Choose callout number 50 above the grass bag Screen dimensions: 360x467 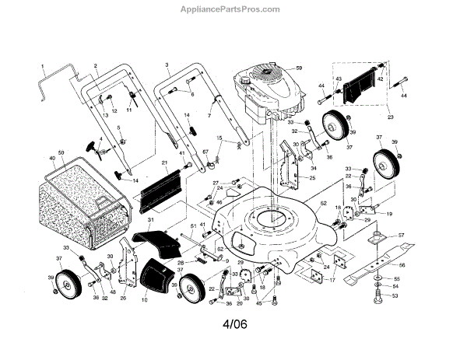pyautogui.click(x=61, y=152)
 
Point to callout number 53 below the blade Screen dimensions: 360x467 pyautogui.click(x=394, y=295)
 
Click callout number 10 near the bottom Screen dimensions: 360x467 pyautogui.click(x=145, y=299)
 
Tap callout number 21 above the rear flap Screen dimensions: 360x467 pyautogui.click(x=165, y=163)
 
